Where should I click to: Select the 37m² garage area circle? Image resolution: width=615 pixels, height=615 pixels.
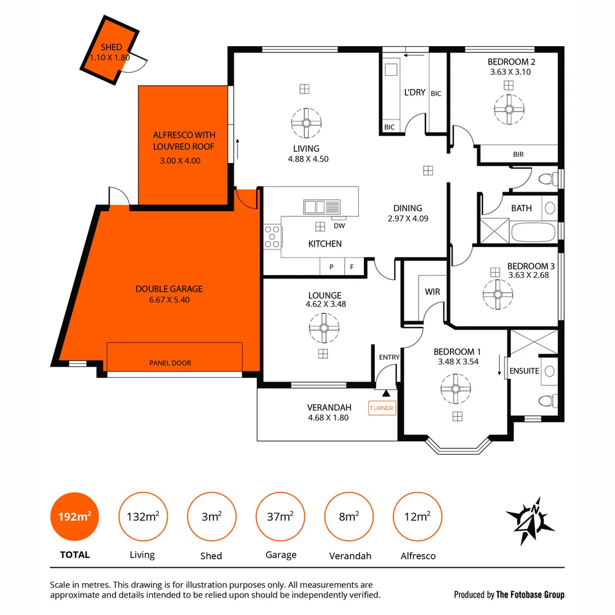point(280,517)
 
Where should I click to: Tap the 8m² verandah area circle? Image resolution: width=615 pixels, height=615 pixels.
point(349,517)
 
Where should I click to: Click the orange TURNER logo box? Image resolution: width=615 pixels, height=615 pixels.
point(382,408)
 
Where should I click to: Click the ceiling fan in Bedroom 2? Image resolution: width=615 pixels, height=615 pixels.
point(509,108)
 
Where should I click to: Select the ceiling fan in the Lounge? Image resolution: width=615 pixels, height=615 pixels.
point(324,328)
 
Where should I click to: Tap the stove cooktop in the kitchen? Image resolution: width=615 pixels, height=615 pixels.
point(272,236)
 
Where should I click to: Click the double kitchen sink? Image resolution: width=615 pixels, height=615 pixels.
point(322,207)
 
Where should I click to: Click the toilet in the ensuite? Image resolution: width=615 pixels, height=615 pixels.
point(546,401)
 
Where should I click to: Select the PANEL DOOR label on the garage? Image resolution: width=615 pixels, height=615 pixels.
point(170,363)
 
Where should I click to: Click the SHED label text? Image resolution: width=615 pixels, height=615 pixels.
point(111,47)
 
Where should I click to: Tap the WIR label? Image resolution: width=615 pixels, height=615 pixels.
point(432,292)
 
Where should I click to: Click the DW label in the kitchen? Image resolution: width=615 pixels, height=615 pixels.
point(339,226)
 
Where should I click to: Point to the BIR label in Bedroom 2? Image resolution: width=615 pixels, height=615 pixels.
point(518,154)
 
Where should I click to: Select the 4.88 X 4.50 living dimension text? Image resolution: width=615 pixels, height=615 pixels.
point(308,159)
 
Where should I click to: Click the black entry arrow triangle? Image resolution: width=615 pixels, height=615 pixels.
point(386,393)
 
